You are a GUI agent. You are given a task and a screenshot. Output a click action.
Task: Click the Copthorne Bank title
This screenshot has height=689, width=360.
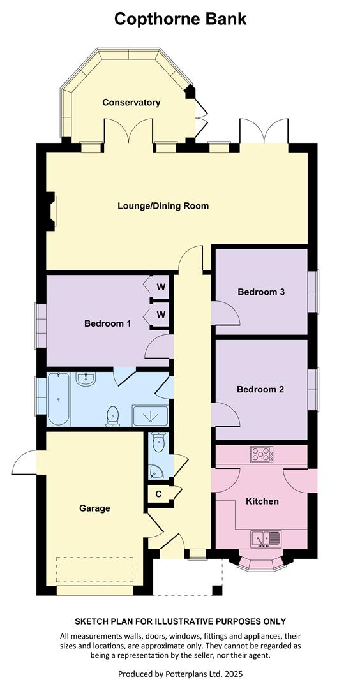click(180, 19)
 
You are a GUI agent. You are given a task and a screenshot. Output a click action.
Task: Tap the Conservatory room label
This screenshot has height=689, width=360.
click(131, 102)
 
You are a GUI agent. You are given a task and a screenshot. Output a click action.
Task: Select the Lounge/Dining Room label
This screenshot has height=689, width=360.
click(163, 205)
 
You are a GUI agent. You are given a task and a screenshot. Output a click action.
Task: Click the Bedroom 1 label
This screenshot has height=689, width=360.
click(108, 324)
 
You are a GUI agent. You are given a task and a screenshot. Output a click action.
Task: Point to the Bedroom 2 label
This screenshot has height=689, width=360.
click(260, 389)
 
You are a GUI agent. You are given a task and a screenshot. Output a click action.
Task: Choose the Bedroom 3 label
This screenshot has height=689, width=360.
click(261, 292)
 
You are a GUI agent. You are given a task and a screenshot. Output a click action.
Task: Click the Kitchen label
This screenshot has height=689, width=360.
click(262, 501)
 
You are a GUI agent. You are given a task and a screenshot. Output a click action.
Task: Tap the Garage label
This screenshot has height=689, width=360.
click(94, 508)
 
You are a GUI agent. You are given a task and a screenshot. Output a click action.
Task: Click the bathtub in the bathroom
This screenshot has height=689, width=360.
click(59, 399)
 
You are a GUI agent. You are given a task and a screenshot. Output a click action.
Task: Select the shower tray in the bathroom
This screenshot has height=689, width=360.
click(151, 416)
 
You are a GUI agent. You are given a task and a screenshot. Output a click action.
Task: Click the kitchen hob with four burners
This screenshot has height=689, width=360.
click(262, 454)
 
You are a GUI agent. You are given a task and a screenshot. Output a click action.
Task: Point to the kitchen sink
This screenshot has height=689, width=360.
click(266, 539)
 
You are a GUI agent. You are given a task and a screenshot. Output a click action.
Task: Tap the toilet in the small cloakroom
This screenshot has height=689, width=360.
click(159, 442)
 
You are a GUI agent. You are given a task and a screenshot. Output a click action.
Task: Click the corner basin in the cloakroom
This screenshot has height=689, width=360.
click(155, 472)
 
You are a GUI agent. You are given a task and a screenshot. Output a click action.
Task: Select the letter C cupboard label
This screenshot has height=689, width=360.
click(158, 494)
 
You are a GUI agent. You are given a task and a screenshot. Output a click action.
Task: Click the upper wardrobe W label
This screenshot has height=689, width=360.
click(161, 287)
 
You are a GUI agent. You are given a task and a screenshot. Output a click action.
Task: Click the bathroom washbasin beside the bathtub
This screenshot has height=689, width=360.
click(85, 379)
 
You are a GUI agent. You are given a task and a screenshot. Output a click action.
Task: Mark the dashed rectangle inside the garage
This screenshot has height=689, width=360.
click(94, 570)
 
